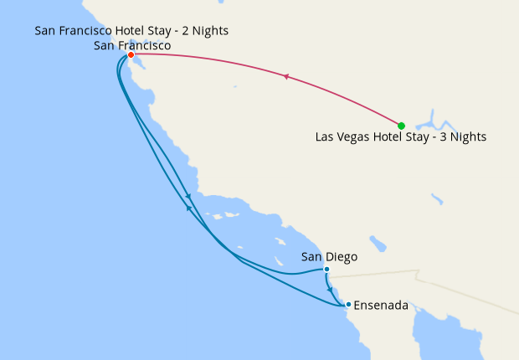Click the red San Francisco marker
coord(131,54)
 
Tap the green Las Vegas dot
coord(402,126)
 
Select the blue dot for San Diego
coord(326,270)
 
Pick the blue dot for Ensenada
coord(348,305)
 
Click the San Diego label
coord(329,258)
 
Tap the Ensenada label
coord(381,306)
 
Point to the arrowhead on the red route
coord(286,77)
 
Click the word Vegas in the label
coord(355,136)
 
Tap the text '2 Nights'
coord(204,32)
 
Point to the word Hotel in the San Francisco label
coord(136,32)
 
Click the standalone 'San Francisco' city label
coord(132,45)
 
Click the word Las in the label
coord(326,136)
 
